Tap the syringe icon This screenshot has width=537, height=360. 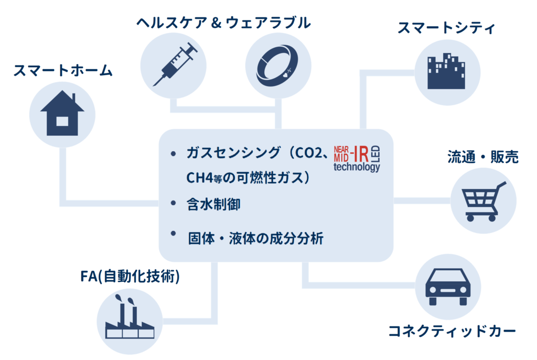pos(175,66)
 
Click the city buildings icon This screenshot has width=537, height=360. pos(446,72)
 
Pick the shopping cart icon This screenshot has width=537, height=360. pos(483,201)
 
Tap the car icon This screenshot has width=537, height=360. pos(447,287)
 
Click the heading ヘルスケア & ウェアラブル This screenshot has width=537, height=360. pos(223,22)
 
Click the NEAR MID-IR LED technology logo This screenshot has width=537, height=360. pos(357,157)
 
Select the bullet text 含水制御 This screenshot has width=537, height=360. pos(213,204)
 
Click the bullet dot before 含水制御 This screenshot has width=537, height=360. pos(174,203)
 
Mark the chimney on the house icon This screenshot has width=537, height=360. pos(74,99)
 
